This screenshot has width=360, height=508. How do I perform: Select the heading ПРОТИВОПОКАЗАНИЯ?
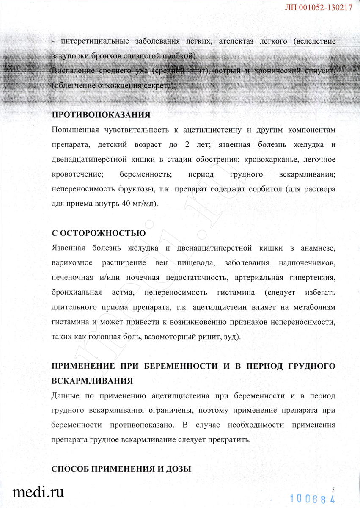coord(101,115)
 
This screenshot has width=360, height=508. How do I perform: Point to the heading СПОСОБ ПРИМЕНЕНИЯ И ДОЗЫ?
coord(121,469)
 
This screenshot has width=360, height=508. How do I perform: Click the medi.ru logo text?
coord(38,492)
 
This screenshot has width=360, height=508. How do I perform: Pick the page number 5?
coord(333,489)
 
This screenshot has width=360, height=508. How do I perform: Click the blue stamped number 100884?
coord(313,498)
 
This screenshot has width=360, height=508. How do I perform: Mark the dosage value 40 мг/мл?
coord(136,204)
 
